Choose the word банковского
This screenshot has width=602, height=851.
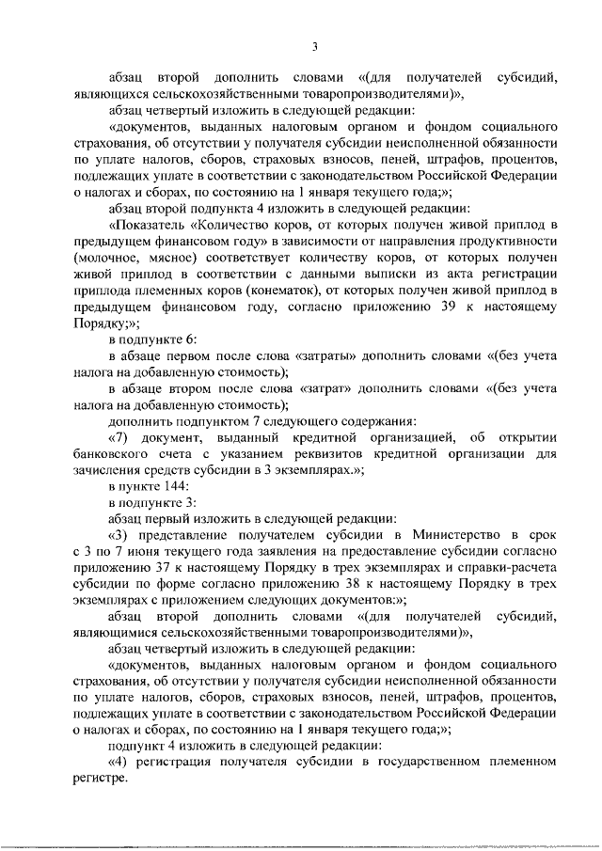click(114, 452)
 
